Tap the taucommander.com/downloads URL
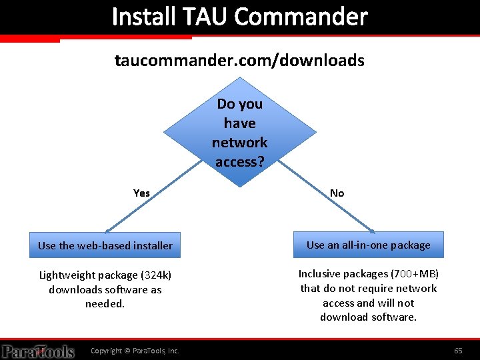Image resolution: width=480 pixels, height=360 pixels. [239, 61]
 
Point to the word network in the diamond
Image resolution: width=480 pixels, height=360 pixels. [239, 143]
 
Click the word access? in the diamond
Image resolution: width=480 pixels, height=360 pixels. [239, 162]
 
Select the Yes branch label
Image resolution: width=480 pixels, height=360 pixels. [141, 193]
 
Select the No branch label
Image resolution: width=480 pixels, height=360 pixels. [337, 193]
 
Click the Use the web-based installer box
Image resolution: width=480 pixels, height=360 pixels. [105, 245]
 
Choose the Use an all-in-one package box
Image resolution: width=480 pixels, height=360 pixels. [369, 245]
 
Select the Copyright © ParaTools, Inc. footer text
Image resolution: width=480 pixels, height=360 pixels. [135, 351]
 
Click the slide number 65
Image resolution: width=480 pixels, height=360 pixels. [458, 351]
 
